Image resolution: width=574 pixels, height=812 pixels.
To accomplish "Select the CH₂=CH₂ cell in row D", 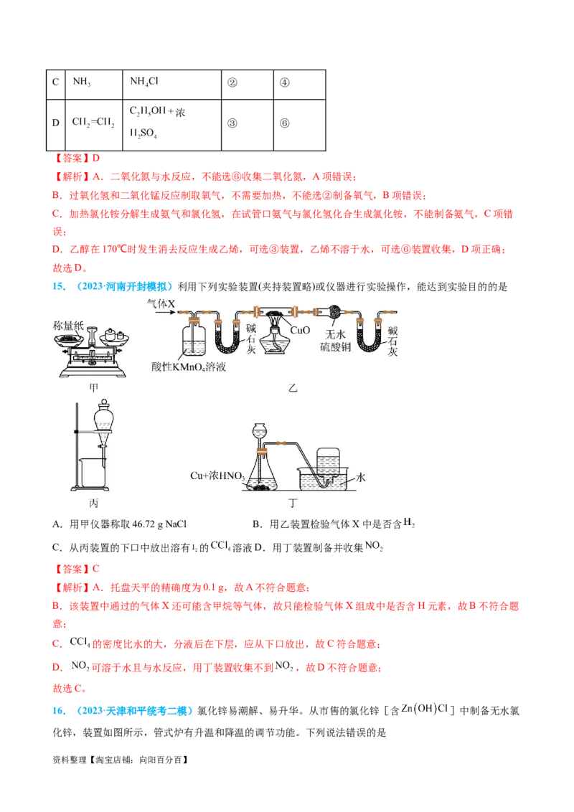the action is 93,122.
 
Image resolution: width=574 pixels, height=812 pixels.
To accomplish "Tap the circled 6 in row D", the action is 284,123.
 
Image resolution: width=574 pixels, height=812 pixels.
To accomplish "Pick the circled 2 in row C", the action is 232,82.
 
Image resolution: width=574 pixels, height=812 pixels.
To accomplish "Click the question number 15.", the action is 59,286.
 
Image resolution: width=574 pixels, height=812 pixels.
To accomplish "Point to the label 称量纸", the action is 68,325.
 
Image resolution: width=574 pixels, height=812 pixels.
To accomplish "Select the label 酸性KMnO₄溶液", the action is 189,367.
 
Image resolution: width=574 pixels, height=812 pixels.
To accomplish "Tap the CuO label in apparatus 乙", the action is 300,330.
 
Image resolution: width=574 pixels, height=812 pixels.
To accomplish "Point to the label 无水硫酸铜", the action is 335,340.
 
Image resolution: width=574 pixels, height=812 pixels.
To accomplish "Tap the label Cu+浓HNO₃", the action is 217,476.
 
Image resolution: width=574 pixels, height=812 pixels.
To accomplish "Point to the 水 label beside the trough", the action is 361,477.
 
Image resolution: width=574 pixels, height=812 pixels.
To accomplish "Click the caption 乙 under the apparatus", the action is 293,387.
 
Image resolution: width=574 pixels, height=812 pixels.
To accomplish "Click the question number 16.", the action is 59,710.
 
